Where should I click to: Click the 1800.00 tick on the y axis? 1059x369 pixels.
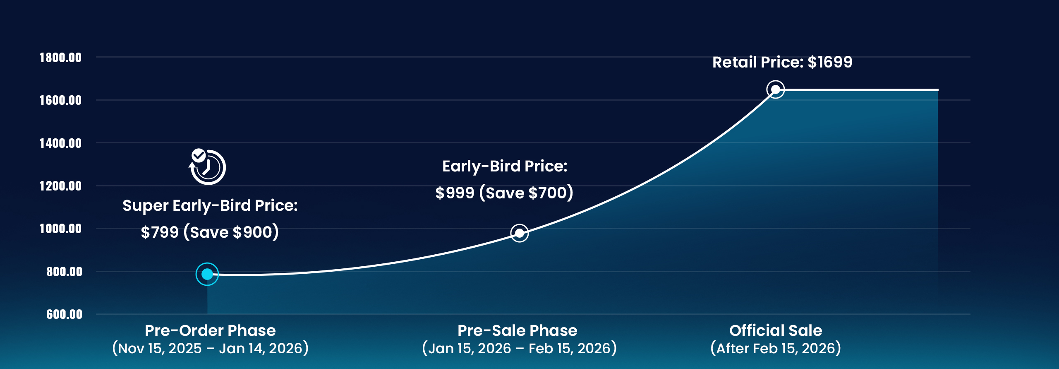(x=60, y=58)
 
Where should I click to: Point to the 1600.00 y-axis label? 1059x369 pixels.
(x=60, y=100)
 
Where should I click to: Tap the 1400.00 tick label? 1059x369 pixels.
(x=60, y=143)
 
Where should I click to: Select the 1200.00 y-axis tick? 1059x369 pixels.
(x=60, y=186)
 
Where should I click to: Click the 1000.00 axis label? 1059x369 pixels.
(x=60, y=229)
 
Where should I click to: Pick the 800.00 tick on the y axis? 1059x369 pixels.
(x=64, y=272)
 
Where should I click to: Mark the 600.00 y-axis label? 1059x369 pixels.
(x=64, y=314)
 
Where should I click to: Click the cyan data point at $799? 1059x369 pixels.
(x=207, y=274)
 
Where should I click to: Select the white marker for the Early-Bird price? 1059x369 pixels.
(x=520, y=233)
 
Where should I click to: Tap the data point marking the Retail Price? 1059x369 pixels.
(x=776, y=89)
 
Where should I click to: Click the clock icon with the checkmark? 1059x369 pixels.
(x=207, y=166)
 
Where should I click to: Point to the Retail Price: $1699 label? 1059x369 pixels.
(x=782, y=62)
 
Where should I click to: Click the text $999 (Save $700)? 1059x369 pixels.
(x=504, y=193)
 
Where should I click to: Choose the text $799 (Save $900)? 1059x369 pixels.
(x=210, y=232)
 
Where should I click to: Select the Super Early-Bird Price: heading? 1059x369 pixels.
(x=210, y=205)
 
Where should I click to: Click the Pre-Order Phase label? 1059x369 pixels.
(x=210, y=330)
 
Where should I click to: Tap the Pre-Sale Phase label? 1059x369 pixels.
(x=517, y=330)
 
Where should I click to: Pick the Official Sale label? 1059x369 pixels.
(x=776, y=330)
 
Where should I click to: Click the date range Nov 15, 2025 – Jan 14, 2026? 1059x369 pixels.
(x=210, y=348)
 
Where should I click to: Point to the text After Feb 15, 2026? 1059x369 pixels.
(x=776, y=348)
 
